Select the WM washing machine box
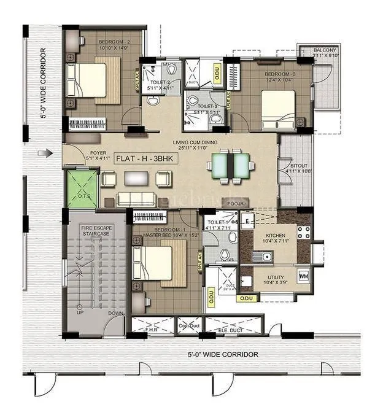(303, 276)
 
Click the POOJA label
(236, 203)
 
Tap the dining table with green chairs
(228, 166)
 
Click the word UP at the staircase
(80, 312)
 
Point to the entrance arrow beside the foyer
(42, 153)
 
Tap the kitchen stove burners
(303, 232)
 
